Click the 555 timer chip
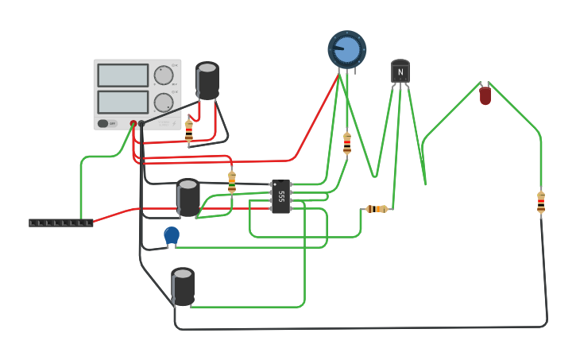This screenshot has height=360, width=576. [x=280, y=196]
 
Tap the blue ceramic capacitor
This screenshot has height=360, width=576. [x=172, y=235]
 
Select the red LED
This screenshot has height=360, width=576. [x=485, y=96]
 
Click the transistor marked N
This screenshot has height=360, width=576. [x=400, y=72]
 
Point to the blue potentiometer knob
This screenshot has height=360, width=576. [x=347, y=49]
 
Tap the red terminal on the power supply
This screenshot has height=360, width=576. [x=133, y=123]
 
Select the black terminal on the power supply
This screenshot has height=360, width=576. [x=141, y=123]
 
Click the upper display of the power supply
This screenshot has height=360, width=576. [x=123, y=75]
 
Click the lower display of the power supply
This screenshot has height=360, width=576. [x=123, y=102]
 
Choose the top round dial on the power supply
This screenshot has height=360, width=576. [x=164, y=75]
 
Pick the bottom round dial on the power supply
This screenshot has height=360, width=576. [x=164, y=103]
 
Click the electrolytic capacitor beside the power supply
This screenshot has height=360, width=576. [x=207, y=81]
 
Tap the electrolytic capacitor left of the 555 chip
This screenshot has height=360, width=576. [x=188, y=198]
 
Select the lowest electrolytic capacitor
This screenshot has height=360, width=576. [x=183, y=287]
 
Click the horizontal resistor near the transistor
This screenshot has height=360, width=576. [x=377, y=209]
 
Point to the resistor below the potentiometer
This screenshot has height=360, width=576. [x=347, y=143]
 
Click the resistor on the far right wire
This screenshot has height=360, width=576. [x=541, y=203]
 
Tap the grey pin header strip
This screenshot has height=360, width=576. [x=61, y=223]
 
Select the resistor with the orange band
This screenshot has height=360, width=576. [x=232, y=182]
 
